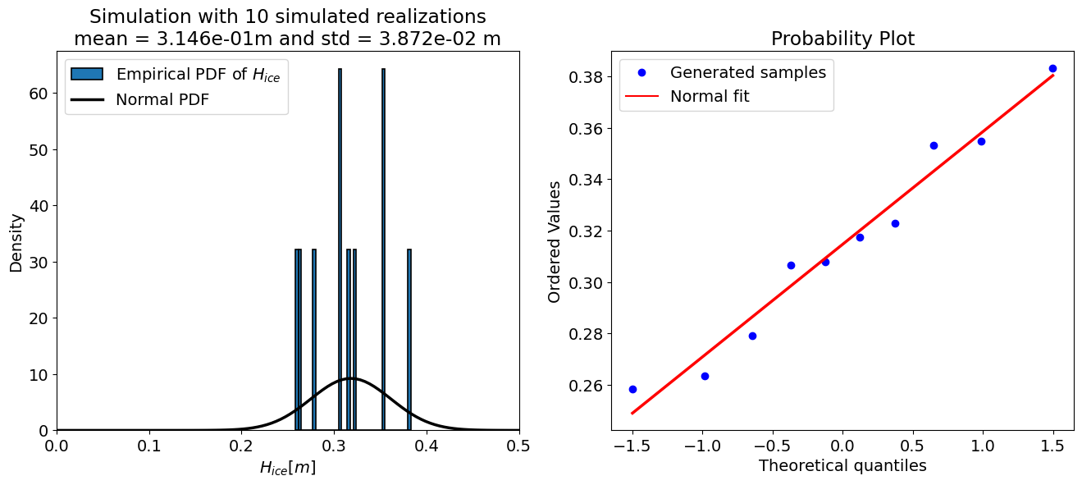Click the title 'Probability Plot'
842,39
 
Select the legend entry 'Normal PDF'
161,100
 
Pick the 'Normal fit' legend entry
710,96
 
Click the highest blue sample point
1052,69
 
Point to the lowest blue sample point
632,389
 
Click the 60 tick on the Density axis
38,94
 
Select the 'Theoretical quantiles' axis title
842,466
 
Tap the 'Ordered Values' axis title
555,241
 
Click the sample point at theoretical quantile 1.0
981,141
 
